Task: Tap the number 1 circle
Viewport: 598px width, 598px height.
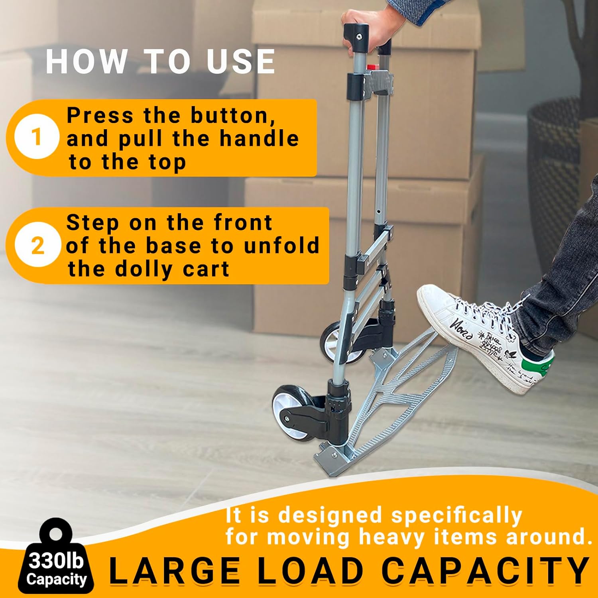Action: pos(37,137)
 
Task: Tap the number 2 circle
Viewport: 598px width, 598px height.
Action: pos(37,245)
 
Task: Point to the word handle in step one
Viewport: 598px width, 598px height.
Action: pos(259,139)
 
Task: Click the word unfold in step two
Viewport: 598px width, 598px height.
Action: pos(281,245)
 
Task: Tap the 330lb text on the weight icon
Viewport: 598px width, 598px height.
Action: pos(56,561)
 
